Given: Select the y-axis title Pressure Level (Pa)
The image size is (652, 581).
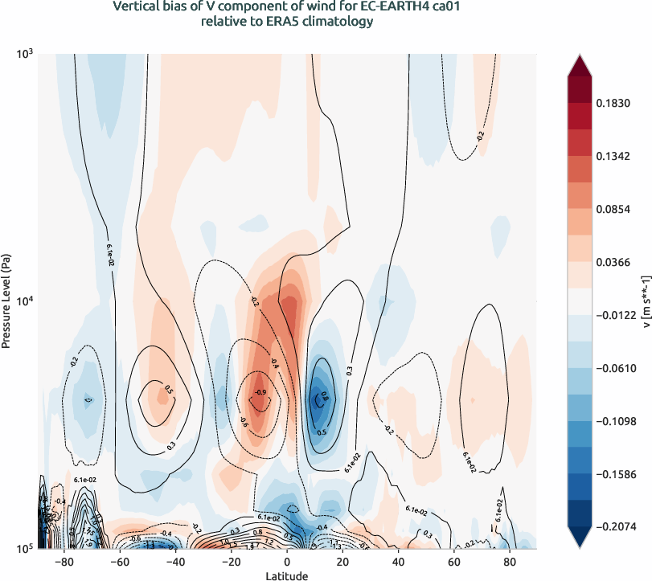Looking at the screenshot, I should click(x=6, y=301).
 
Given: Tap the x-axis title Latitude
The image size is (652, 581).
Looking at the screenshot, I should click(x=287, y=575).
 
